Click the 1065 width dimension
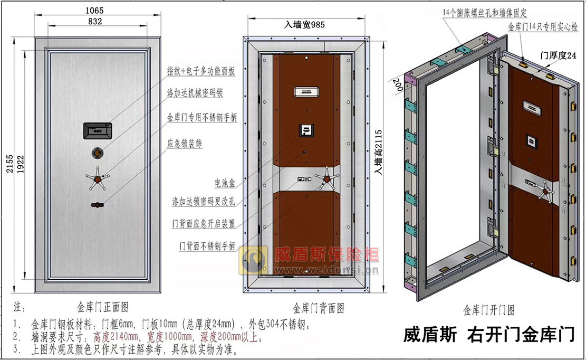tap(94, 11)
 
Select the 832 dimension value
tap(95, 22)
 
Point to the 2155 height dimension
tap(9, 164)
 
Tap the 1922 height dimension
tap(21, 164)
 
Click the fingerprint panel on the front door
tap(98, 130)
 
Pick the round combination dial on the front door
tap(97, 153)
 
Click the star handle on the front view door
tap(97, 179)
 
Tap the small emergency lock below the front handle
tap(97, 204)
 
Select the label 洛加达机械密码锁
tap(195, 93)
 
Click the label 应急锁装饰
tap(184, 143)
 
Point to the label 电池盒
tap(225, 183)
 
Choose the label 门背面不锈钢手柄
tap(207, 246)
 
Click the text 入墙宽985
tap(304, 25)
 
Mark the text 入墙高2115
tap(378, 152)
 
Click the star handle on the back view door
tap(326, 179)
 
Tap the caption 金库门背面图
tap(319, 308)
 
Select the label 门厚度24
tap(559, 55)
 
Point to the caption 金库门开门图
tap(489, 310)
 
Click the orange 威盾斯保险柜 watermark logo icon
tap(253, 261)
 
